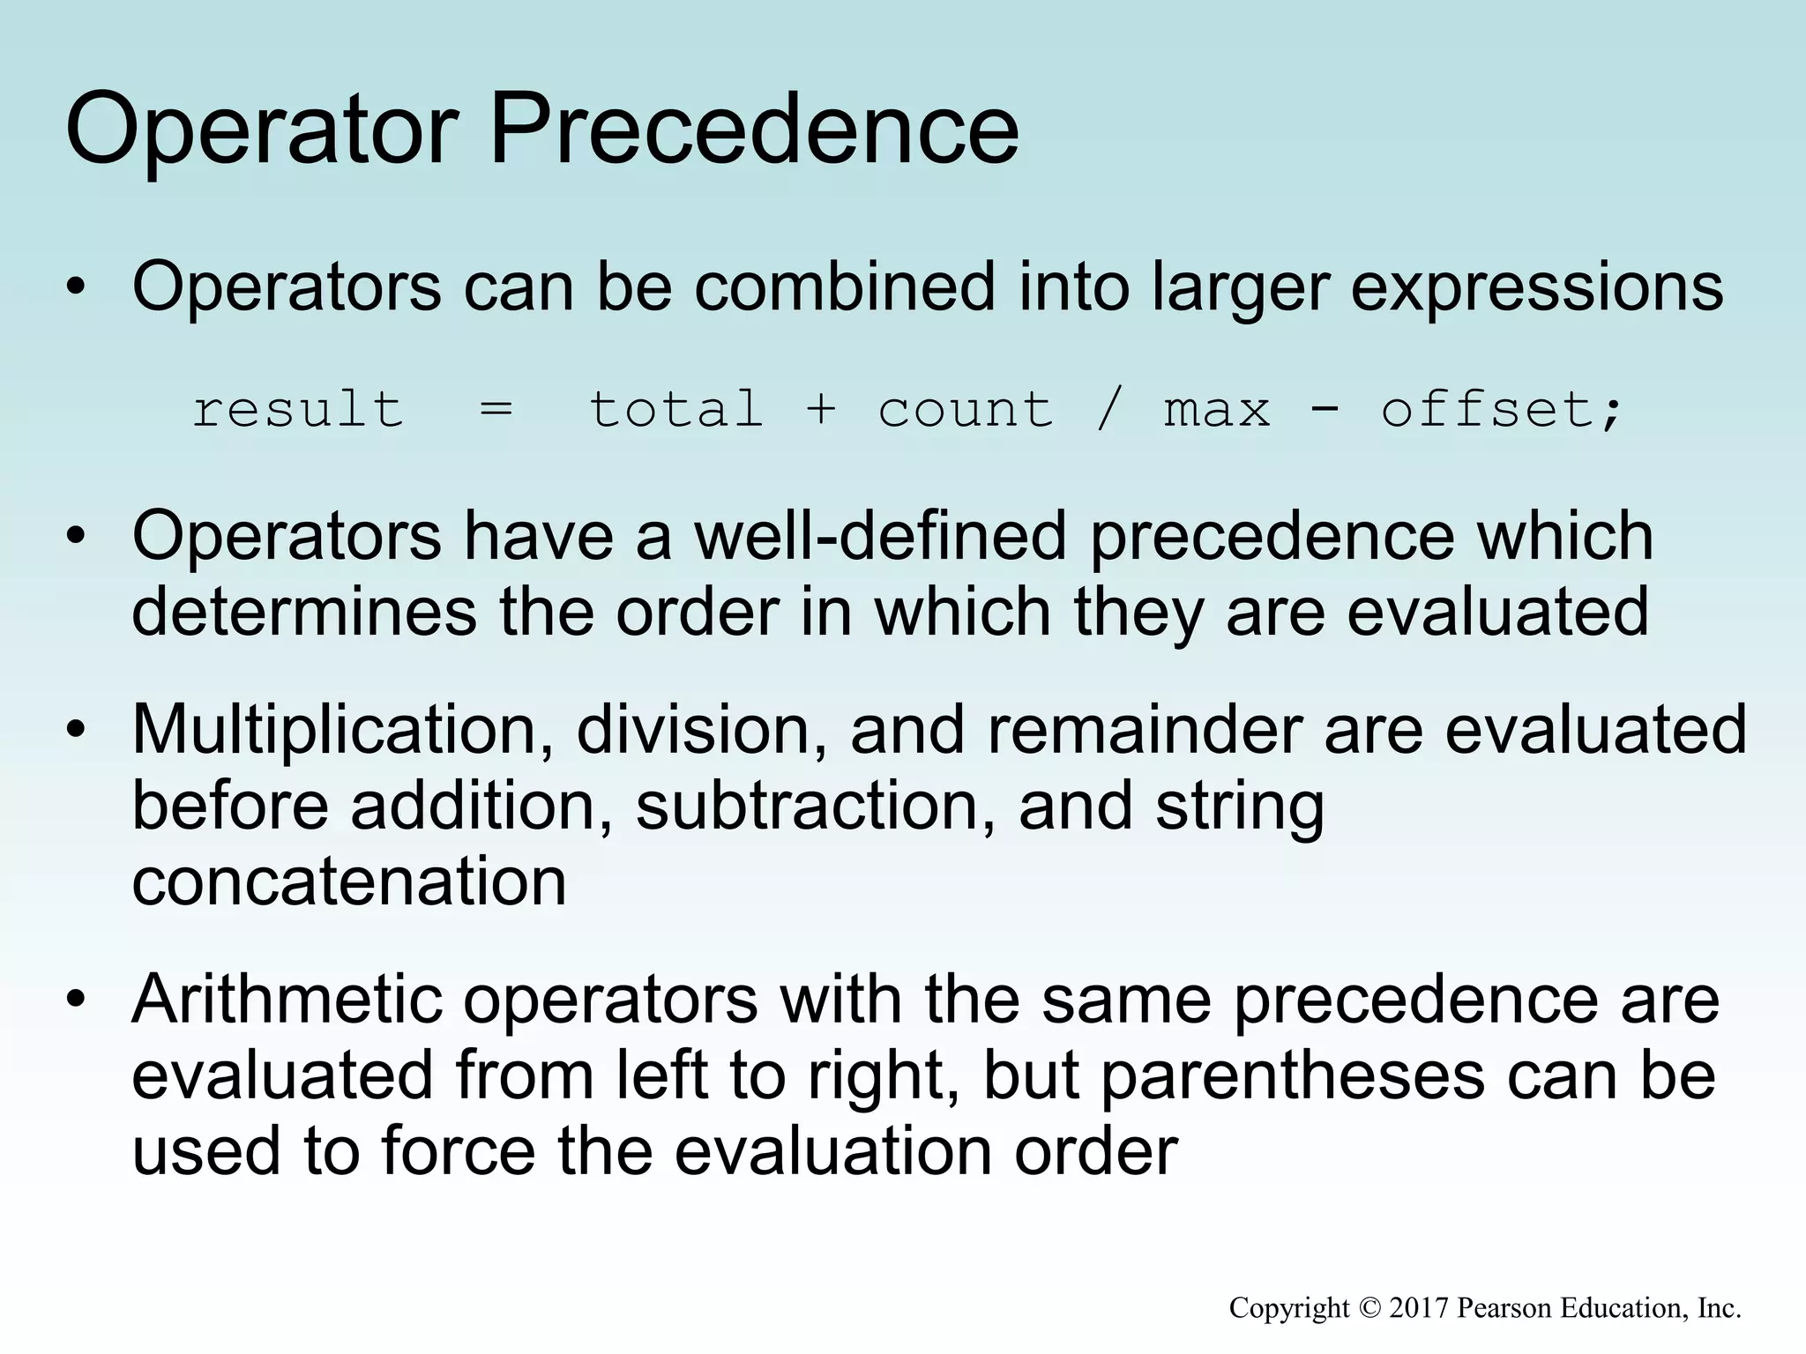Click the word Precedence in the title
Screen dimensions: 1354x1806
click(x=754, y=130)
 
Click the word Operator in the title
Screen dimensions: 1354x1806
click(x=262, y=130)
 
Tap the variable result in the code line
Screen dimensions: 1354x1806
click(x=298, y=410)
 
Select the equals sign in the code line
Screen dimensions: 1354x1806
click(x=496, y=410)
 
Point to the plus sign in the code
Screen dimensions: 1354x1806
click(x=820, y=410)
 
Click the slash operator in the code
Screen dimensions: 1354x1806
click(x=1108, y=410)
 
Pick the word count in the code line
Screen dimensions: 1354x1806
click(x=966, y=410)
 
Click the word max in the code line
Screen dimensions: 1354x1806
click(x=1217, y=410)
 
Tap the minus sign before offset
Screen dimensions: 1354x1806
click(x=1325, y=410)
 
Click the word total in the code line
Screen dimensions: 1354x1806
click(x=675, y=410)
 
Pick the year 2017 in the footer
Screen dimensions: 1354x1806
click(x=1419, y=1308)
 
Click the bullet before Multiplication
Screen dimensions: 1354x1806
click(x=77, y=731)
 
